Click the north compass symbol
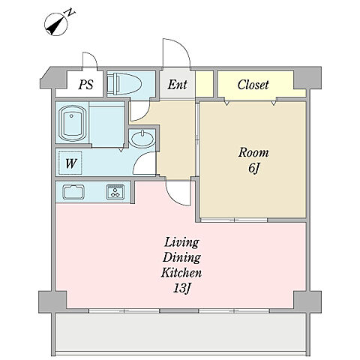56,25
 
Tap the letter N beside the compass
70,12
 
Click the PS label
85,85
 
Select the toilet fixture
124,84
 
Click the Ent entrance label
177,85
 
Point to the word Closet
253,85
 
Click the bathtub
72,123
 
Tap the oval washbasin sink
142,139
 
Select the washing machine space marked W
70,163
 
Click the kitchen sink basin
73,192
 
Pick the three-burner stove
115,192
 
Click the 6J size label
253,167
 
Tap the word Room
253,152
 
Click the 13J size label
182,289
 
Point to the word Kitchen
181,273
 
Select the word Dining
181,258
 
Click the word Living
181,243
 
